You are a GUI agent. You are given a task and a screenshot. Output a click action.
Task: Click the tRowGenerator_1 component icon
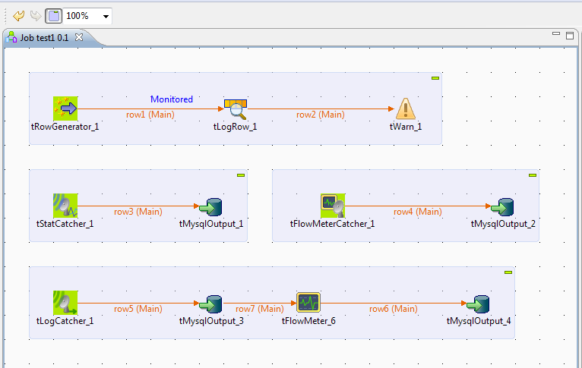(65, 109)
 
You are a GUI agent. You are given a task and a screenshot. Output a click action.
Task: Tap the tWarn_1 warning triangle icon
(406, 109)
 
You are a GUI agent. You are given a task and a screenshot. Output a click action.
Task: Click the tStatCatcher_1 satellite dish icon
(65, 206)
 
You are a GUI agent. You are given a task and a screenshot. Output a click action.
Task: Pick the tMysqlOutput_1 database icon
(211, 206)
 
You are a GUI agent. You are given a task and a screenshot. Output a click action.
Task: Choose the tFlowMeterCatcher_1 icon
(333, 206)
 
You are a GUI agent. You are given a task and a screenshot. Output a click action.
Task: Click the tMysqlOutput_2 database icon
(503, 206)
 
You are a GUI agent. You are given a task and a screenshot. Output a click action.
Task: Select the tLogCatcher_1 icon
(65, 303)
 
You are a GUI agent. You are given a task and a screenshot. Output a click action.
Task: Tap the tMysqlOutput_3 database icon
(211, 304)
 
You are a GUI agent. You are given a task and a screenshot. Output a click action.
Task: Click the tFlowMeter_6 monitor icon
(308, 303)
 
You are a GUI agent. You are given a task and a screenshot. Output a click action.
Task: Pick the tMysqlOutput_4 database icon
(479, 304)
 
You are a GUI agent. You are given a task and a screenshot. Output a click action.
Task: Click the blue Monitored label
(172, 99)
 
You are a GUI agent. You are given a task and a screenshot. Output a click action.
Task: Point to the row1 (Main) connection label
(150, 115)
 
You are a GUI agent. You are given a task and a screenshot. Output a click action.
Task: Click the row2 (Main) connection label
(320, 115)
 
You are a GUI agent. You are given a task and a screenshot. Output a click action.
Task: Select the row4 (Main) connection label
(417, 212)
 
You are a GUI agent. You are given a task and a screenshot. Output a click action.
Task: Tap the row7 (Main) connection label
(259, 309)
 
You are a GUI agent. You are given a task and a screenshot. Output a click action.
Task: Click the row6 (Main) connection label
(393, 309)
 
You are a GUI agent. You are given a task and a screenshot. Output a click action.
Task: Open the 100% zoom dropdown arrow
(106, 16)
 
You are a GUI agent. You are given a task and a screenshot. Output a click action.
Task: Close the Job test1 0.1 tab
(79, 37)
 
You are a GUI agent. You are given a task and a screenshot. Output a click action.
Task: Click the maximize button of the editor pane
(569, 36)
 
